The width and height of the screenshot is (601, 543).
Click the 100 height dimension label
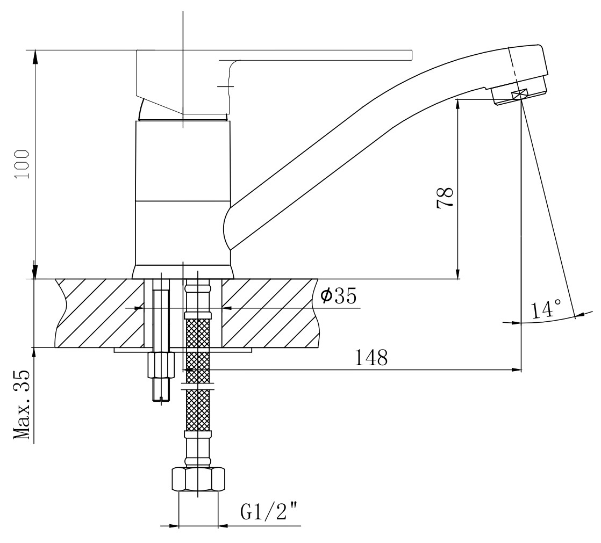(x=22, y=164)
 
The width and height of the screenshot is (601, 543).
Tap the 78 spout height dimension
(x=445, y=198)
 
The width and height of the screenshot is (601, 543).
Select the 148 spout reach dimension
(x=371, y=358)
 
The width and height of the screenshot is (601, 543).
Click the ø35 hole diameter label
(x=339, y=296)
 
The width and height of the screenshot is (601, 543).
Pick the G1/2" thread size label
(x=269, y=512)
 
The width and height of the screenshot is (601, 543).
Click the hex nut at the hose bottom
(x=197, y=480)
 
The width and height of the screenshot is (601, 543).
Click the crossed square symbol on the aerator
(x=519, y=94)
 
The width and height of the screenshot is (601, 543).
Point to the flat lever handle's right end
(x=412, y=55)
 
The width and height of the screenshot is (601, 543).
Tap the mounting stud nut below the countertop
(x=161, y=365)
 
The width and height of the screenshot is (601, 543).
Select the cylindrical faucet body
(x=183, y=193)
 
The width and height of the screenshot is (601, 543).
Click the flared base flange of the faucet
(x=183, y=272)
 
